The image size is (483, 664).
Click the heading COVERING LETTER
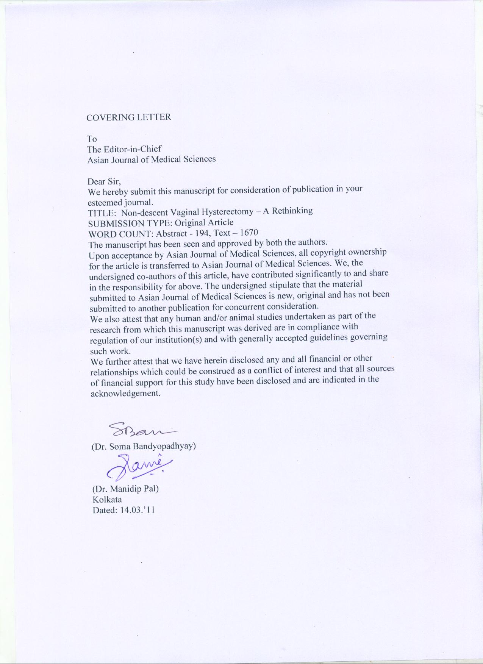pos(129,117)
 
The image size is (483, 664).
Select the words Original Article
pos(207,222)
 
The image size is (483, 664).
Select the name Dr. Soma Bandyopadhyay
pos(144,446)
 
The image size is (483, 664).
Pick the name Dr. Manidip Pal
pos(126,489)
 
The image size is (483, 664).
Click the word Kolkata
pos(107,499)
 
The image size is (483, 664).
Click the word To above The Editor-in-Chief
pos(92,139)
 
